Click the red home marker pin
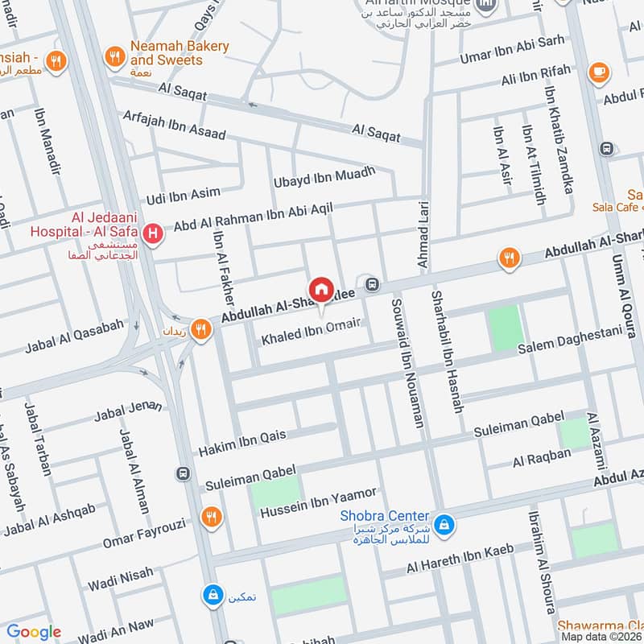(x=320, y=290)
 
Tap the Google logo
(x=34, y=632)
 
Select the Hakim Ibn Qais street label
(x=242, y=442)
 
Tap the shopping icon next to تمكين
(x=212, y=595)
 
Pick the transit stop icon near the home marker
(x=372, y=283)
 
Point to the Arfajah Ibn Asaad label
(x=174, y=126)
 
